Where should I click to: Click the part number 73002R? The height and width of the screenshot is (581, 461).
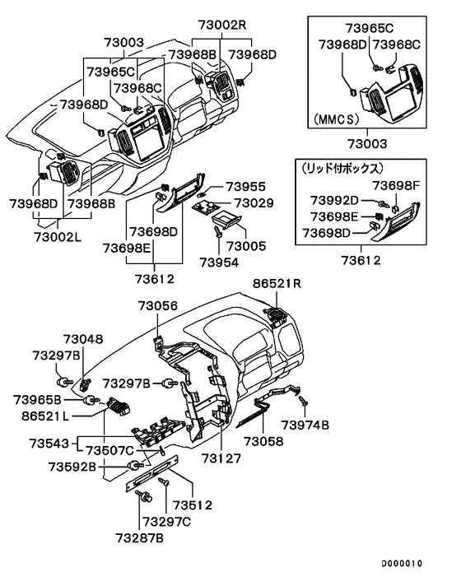(x=221, y=24)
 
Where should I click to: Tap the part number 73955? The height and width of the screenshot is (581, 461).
(x=246, y=187)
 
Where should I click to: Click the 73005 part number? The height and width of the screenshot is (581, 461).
(x=247, y=245)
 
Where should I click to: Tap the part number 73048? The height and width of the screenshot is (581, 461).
(x=83, y=338)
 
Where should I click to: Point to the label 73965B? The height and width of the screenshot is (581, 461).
(x=36, y=400)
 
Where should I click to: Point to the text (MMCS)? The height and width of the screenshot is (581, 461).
(x=337, y=119)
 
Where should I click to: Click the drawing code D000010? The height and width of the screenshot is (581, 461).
(x=401, y=564)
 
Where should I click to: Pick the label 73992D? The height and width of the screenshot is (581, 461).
(x=335, y=201)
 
